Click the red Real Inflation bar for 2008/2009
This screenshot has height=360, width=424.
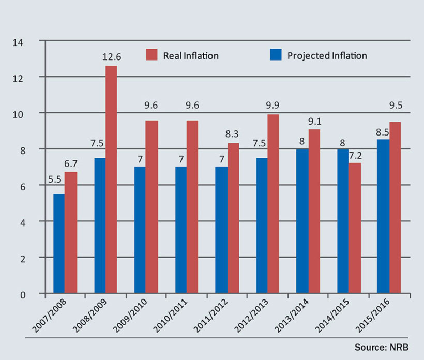tap(111, 179)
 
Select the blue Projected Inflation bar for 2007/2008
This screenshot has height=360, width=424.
tap(59, 244)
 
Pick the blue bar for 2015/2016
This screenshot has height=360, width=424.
tap(383, 216)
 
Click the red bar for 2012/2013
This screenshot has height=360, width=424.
tap(273, 204)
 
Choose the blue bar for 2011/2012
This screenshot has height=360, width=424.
tap(221, 230)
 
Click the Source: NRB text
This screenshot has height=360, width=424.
tap(381, 347)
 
